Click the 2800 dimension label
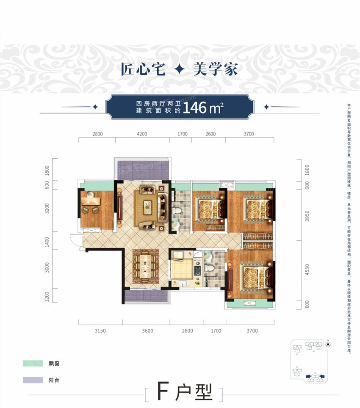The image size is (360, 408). click(97, 134)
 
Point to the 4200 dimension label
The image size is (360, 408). click(142, 134)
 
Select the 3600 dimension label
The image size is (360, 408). click(147, 331)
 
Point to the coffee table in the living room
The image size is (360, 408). click(147, 206)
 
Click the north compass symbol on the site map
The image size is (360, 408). click(328, 345)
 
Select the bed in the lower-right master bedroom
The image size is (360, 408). click(255, 276)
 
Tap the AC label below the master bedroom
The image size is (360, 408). click(249, 303)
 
